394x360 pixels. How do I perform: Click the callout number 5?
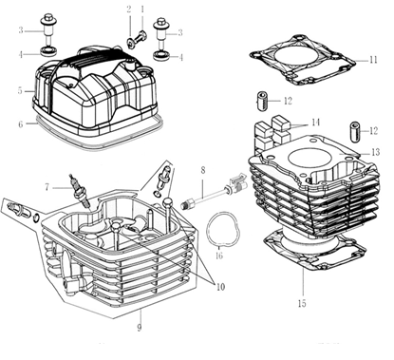20,91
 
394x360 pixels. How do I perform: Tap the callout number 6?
21,124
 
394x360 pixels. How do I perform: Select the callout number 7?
47,187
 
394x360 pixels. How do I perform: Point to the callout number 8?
202,170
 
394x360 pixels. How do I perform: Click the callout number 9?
140,327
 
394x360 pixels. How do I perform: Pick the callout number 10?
220,287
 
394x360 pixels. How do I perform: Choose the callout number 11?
373,60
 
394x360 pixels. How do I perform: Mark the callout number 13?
375,153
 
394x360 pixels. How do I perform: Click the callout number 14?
315,123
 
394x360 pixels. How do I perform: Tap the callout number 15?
302,304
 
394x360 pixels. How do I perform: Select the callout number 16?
219,256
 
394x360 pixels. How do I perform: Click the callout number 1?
142,9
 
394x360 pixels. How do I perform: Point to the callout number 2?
129,9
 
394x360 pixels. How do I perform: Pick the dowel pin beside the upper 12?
261,101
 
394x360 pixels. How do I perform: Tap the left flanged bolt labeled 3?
49,30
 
